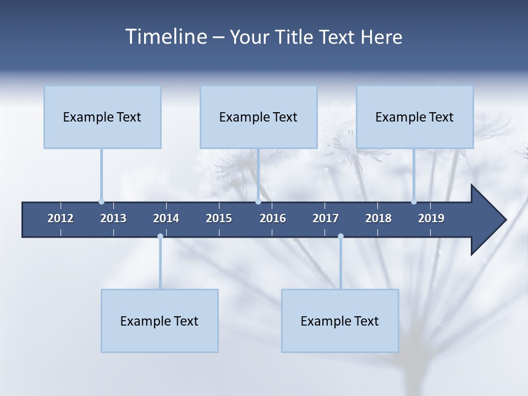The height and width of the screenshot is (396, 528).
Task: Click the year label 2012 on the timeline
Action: click(x=61, y=218)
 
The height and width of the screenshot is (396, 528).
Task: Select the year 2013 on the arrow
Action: click(x=113, y=218)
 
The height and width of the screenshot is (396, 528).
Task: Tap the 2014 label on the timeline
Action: click(x=166, y=218)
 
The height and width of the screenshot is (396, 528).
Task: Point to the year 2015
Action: click(x=219, y=218)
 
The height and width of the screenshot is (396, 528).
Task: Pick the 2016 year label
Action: click(x=273, y=218)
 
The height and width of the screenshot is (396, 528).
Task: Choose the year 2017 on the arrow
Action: click(x=326, y=218)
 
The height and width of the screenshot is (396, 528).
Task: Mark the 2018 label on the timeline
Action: click(x=378, y=218)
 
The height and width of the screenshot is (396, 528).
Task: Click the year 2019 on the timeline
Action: click(x=431, y=218)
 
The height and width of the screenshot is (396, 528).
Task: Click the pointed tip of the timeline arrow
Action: click(x=505, y=220)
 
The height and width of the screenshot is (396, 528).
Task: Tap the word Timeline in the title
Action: click(x=166, y=36)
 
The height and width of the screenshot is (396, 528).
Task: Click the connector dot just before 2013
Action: click(x=101, y=201)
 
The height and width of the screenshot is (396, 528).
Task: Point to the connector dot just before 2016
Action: click(x=258, y=201)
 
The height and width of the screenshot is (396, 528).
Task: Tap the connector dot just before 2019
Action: click(x=414, y=201)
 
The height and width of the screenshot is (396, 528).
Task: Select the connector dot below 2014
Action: click(x=160, y=237)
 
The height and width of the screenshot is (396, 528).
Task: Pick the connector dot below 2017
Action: click(x=340, y=237)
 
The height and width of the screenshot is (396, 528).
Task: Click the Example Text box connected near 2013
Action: click(x=102, y=117)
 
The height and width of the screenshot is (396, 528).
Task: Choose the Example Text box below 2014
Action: click(x=159, y=321)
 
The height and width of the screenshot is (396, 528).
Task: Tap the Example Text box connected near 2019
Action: click(x=415, y=117)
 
